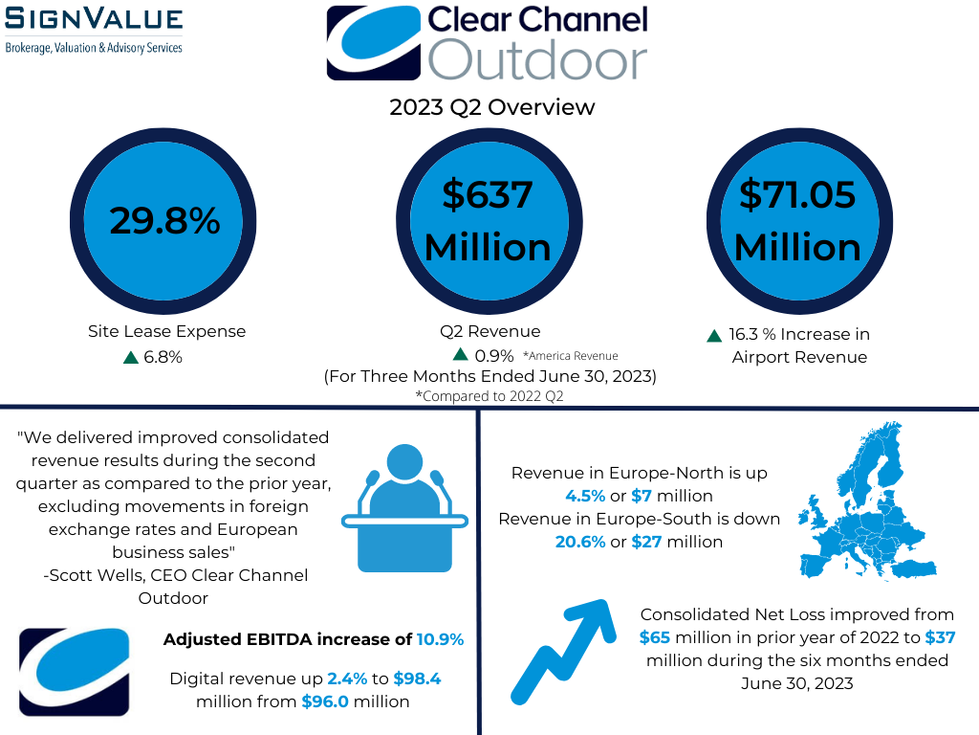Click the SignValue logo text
[x=94, y=18]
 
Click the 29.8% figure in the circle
[x=164, y=221]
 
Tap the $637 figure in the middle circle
[x=488, y=194]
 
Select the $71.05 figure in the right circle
[x=797, y=194]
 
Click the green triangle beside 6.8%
[x=130, y=358]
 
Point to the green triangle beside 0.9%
[x=460, y=354]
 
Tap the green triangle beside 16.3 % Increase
[x=714, y=336]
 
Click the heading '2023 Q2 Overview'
[x=492, y=107]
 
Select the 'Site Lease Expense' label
[x=166, y=331]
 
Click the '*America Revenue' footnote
[x=571, y=356]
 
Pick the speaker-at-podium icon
[x=404, y=507]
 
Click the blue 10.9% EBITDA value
[x=440, y=639]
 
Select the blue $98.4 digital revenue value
[x=417, y=679]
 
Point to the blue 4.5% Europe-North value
[x=585, y=497]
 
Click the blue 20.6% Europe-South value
[x=580, y=542]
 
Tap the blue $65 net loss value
[x=654, y=637]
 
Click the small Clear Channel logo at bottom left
[x=75, y=672]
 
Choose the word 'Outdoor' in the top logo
[x=537, y=59]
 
